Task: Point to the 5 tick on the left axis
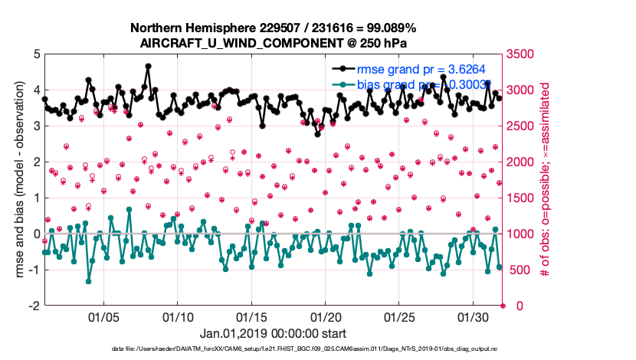[x=35, y=54]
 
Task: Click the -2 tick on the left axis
[x=33, y=306]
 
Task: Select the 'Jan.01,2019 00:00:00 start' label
[x=273, y=334]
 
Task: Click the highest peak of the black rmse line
[x=148, y=67]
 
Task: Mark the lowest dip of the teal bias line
[x=89, y=281]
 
